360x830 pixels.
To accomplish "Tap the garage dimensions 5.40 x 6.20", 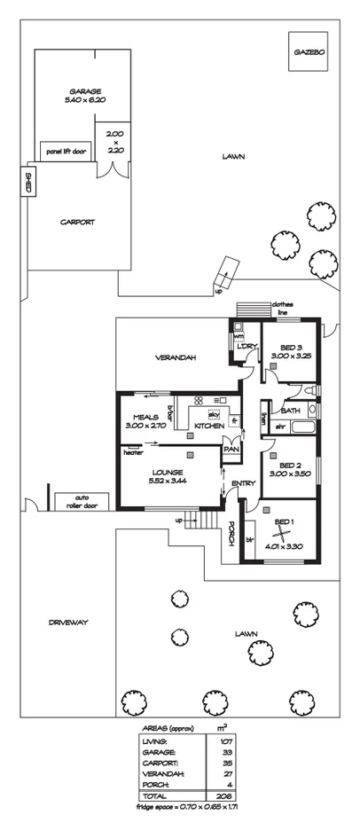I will point(85,102).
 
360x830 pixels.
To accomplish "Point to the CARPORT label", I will point(77,223).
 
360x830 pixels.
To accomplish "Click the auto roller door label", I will point(81,501).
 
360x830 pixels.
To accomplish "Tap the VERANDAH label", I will point(176,357).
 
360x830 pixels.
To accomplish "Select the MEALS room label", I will point(145,416).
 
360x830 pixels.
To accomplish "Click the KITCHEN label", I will point(209,427).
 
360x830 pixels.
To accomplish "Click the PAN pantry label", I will point(231,450).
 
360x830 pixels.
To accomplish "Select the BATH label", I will point(290,411).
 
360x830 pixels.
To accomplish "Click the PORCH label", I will point(231,533).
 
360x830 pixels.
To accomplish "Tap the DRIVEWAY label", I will point(67,622).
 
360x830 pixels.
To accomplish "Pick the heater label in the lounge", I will point(134,453).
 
